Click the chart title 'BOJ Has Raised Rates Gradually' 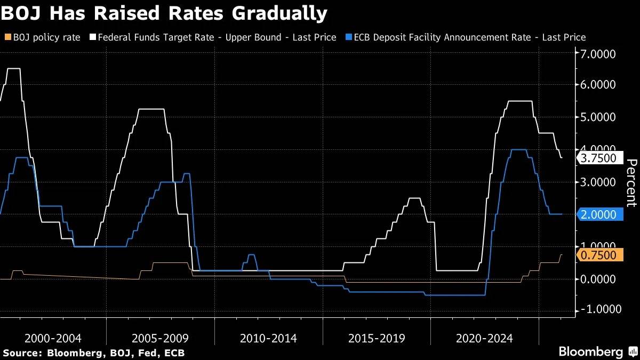164,13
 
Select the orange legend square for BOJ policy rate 6,37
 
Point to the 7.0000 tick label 597,54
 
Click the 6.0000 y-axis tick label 597,85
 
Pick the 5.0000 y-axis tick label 597,117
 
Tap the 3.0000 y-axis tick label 597,182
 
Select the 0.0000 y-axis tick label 597,279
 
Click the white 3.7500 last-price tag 600,158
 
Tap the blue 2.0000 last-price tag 600,214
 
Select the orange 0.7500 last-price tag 600,255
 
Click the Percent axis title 631,182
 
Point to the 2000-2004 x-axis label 53,338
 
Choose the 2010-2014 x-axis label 268,338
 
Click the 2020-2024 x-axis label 484,338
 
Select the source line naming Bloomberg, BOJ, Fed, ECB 94,353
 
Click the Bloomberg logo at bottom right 597,352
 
